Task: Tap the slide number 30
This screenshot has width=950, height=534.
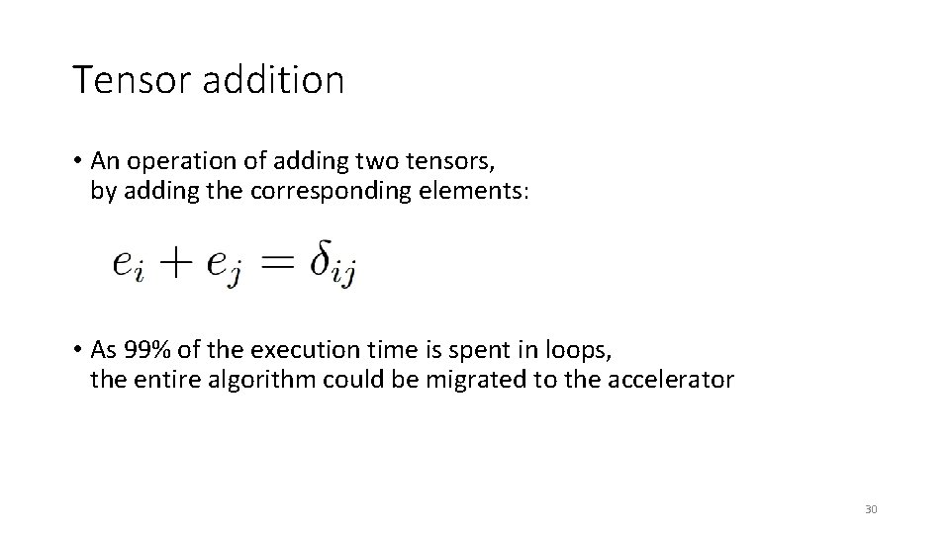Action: pyautogui.click(x=871, y=509)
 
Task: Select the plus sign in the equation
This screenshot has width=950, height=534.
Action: pyautogui.click(x=178, y=263)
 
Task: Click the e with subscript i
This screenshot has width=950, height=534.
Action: pyautogui.click(x=130, y=264)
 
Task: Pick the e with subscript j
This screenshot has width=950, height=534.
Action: pyautogui.click(x=224, y=265)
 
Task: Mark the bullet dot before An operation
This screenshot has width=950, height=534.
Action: pyautogui.click(x=76, y=160)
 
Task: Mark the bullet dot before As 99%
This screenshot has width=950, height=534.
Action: pyautogui.click(x=76, y=349)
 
